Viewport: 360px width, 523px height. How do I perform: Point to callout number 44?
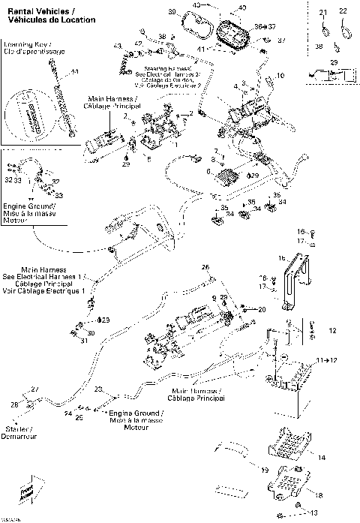(73, 71)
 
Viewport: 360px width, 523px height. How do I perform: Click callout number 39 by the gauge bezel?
(171, 12)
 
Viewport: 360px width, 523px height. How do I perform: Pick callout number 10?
(281, 77)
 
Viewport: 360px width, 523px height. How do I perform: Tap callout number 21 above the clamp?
(324, 13)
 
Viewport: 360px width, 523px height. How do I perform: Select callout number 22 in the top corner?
(343, 12)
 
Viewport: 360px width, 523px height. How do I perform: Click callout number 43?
(118, 47)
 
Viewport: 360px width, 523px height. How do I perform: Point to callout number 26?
(204, 268)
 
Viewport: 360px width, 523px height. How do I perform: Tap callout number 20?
(261, 309)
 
